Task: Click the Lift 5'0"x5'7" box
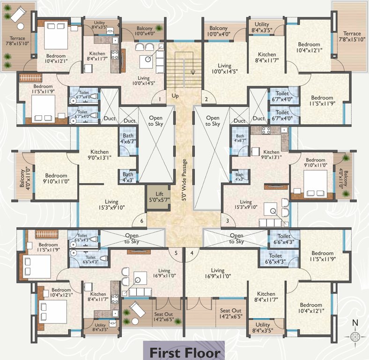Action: coord(156,196)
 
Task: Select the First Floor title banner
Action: coord(184,352)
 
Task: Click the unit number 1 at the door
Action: coord(160,99)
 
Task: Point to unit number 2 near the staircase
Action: coord(206,99)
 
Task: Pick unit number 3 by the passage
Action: coord(228,220)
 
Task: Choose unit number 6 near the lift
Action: coord(141,220)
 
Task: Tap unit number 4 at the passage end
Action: coord(192,253)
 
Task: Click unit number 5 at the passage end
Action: coord(176,253)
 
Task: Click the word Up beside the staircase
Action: coord(175,95)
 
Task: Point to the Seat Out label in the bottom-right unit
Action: coord(231,314)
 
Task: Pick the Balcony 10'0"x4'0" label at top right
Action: coord(219,31)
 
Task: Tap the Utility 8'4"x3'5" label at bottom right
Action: coord(262,328)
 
